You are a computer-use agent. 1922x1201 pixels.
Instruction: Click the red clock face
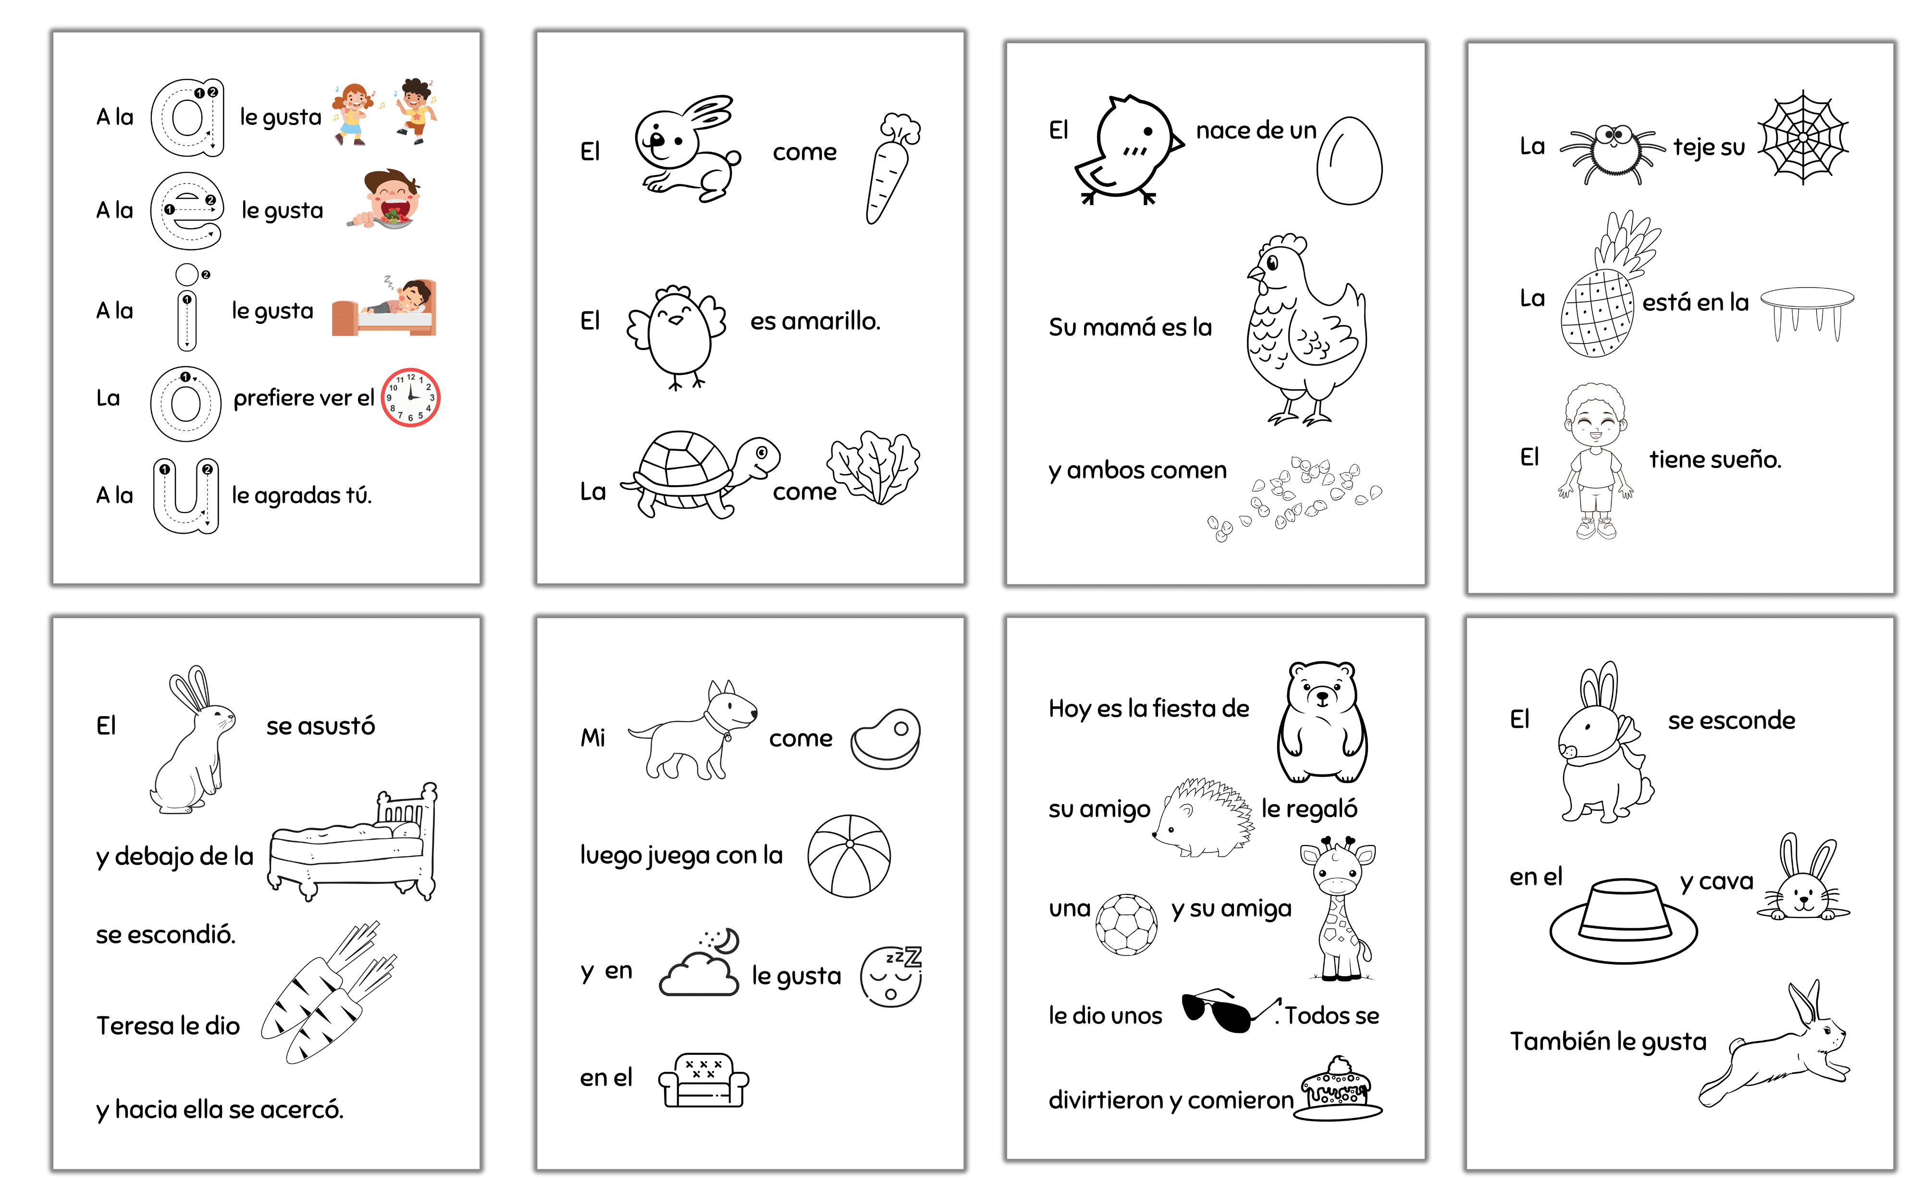[x=411, y=397]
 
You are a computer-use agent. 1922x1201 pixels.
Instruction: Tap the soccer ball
[x=1126, y=925]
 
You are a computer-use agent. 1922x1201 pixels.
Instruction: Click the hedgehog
[x=1202, y=818]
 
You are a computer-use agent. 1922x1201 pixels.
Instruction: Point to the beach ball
[x=849, y=856]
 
